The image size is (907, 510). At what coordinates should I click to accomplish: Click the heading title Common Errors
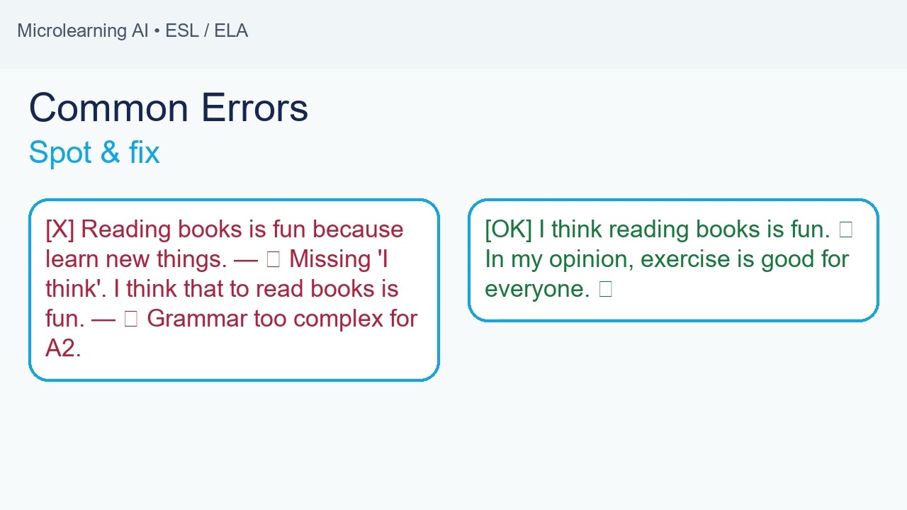point(169,108)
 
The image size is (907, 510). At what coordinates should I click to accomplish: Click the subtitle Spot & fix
point(94,152)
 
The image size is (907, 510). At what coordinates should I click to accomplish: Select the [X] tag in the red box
point(60,229)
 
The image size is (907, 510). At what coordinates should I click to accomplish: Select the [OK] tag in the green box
point(508,229)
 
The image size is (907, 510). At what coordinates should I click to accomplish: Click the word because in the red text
point(358,229)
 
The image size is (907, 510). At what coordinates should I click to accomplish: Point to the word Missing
point(330,259)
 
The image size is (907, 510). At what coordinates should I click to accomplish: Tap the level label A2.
point(62,348)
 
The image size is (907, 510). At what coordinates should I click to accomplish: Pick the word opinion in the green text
point(587,259)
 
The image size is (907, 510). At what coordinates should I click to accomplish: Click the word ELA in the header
point(231,31)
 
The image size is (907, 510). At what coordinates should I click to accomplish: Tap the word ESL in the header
point(181,31)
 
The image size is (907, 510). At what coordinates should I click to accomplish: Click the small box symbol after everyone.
point(605,289)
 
